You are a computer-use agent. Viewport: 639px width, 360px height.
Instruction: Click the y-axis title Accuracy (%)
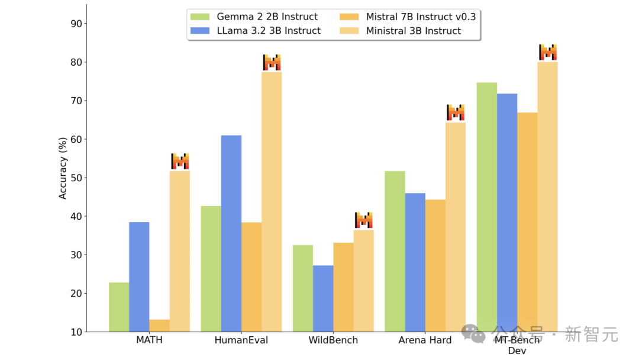63,169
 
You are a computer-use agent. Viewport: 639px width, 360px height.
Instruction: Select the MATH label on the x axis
149,340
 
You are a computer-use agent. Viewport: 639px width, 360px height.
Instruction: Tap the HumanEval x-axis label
241,340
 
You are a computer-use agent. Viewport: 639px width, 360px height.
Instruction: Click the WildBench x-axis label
333,340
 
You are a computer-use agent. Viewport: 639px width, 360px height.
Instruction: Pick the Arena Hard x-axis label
425,340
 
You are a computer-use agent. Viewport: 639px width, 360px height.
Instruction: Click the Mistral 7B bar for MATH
159,326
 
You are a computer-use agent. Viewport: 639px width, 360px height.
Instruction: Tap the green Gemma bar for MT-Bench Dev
487,207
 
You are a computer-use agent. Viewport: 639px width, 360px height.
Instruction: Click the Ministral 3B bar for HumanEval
272,201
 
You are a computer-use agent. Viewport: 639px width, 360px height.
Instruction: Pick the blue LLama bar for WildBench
323,298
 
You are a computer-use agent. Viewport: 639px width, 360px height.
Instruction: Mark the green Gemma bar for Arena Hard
395,251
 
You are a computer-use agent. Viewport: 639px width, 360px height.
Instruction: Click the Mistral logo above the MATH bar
180,161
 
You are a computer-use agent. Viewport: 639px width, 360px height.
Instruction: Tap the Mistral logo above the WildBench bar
364,220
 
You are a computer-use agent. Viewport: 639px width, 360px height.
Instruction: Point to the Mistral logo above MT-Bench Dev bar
548,52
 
